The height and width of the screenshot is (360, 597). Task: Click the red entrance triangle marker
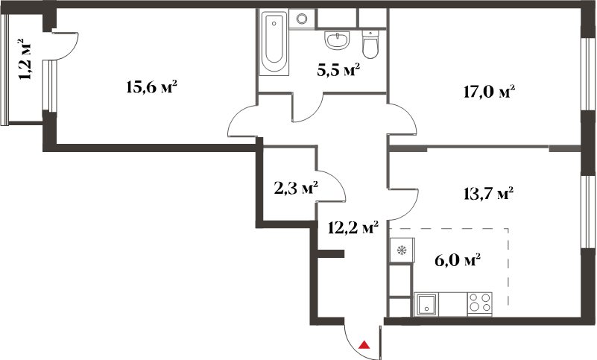coord(364,345)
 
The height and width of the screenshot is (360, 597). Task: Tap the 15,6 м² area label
coord(151,87)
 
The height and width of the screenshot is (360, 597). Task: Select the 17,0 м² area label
coord(489,92)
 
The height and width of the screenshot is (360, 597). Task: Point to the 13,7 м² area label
coord(488,194)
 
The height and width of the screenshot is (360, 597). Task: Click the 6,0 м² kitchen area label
coord(458,261)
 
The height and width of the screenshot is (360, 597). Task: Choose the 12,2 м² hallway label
coord(353,228)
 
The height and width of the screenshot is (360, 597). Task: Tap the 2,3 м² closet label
coord(296,188)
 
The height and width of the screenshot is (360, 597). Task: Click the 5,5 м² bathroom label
coord(338,71)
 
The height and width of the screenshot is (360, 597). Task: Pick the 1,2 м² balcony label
coord(25,59)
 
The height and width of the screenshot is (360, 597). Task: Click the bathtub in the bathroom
coord(274,42)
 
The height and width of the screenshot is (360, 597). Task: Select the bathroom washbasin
coord(337,40)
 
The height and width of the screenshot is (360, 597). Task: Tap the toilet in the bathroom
coord(370,45)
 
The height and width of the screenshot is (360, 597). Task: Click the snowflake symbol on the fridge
coord(402,250)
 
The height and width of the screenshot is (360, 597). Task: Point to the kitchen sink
coord(426,304)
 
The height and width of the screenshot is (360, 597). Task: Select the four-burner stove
coord(480,304)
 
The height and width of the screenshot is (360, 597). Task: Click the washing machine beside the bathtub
coord(302,19)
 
